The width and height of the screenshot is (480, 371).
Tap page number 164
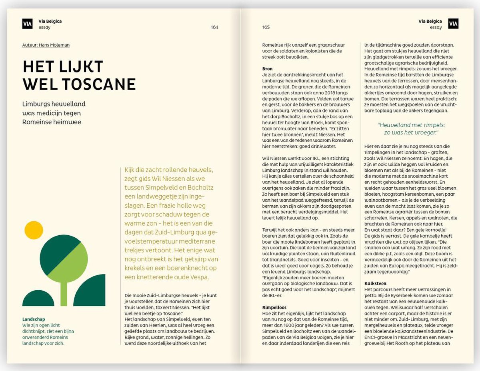214,28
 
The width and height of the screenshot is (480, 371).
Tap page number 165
266,28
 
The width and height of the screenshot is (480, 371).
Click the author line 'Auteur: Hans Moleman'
46,45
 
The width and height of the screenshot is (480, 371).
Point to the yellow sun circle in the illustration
34,229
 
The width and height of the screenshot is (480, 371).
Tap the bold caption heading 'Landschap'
34,319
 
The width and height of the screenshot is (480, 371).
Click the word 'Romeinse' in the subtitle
36,122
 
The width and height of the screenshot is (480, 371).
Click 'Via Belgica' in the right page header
430,21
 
